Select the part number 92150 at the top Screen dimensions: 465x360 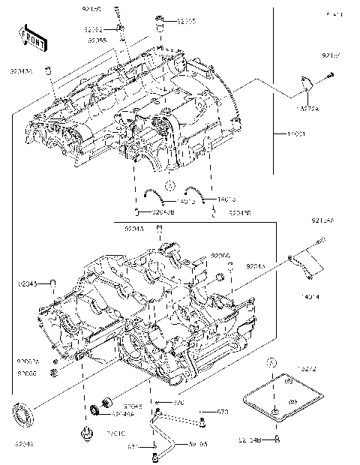(x=90, y=10)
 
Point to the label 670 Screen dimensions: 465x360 (x=178, y=403)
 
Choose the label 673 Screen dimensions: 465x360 (x=222, y=412)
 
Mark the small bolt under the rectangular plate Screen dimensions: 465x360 (x=277, y=437)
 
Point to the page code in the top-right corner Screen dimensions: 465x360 (x=334, y=14)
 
